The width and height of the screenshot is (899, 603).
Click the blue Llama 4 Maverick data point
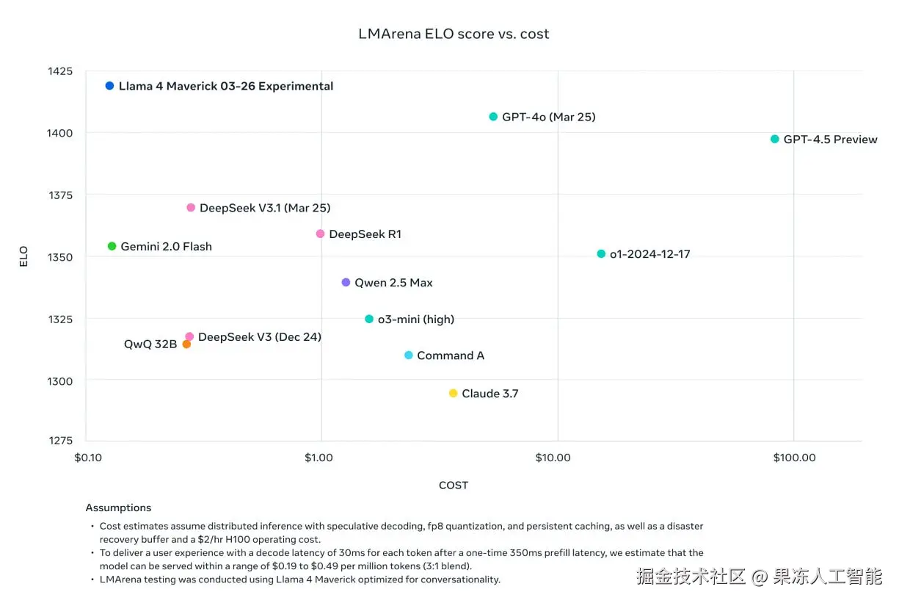coord(109,86)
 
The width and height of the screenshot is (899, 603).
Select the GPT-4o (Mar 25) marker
coord(493,117)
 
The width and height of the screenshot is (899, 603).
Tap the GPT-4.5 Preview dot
coord(775,139)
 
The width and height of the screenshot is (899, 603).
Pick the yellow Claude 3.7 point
coord(453,394)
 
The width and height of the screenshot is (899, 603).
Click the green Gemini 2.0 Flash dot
coord(112,246)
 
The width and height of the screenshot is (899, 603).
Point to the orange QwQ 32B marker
coord(186,344)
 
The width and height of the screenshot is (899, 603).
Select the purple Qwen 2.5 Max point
coord(346,282)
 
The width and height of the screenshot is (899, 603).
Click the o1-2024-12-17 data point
coord(601,254)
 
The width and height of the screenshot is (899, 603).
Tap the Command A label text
coord(451,355)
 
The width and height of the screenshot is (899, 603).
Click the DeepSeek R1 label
coord(365,234)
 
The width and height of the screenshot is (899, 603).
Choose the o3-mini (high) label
coord(416,319)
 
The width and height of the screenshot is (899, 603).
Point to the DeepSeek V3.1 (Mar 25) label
coord(265,208)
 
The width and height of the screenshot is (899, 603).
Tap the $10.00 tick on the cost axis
coord(553,458)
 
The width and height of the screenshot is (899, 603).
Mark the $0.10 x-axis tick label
coord(88,458)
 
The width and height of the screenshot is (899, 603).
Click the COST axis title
coord(454,485)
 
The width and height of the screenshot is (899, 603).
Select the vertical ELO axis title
coord(23,256)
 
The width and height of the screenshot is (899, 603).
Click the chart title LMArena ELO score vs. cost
coord(454,34)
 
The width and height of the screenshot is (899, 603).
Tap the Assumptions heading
coord(118,508)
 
